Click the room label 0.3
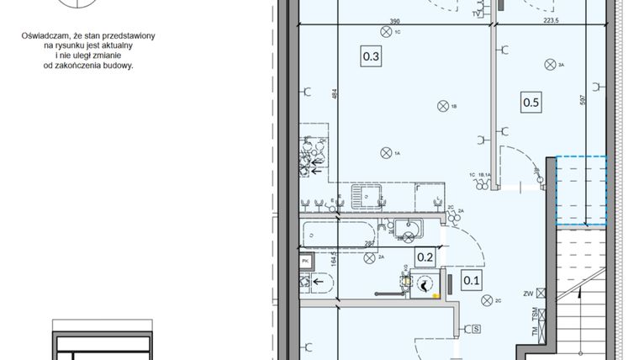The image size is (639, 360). [371, 57]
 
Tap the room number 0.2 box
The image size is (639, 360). [425, 258]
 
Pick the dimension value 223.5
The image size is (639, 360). [551, 19]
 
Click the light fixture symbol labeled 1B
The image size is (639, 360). [442, 105]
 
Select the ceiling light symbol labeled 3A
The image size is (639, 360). [550, 64]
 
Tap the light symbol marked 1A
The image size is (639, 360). [386, 152]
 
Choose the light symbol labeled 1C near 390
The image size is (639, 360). [386, 31]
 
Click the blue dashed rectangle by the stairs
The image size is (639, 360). [581, 190]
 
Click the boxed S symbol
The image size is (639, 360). [475, 328]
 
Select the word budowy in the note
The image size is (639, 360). [118, 65]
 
